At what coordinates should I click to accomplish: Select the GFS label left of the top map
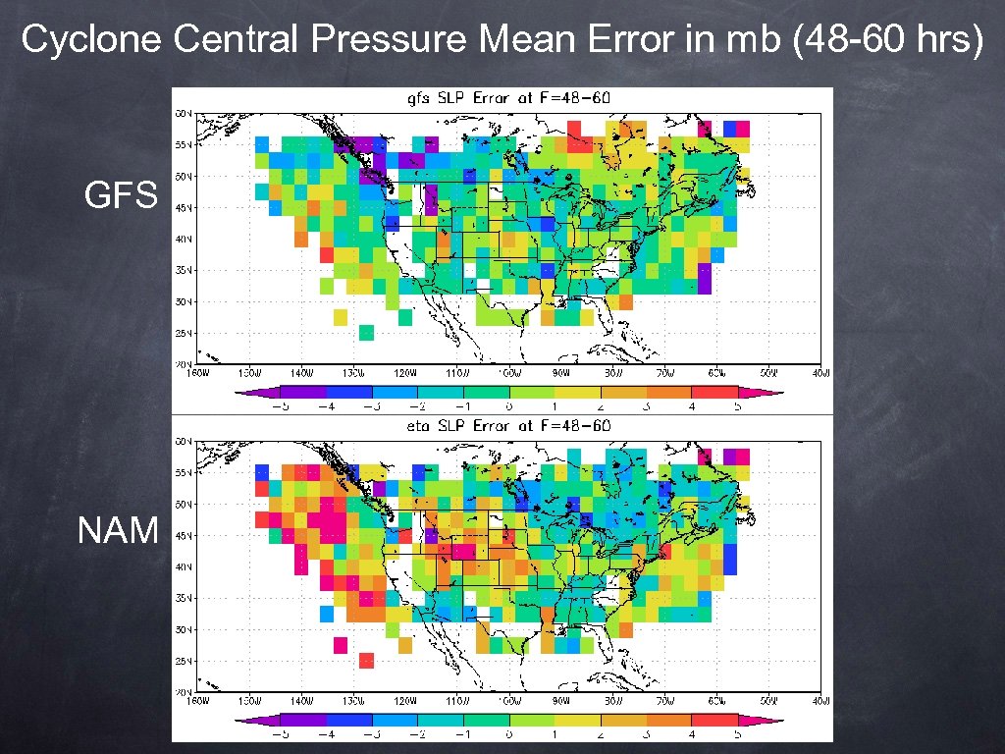pyautogui.click(x=121, y=196)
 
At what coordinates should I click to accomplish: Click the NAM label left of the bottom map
pyautogui.click(x=118, y=531)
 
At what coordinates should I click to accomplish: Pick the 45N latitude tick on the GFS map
pyautogui.click(x=184, y=207)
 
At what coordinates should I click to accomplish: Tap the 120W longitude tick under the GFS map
pyautogui.click(x=404, y=373)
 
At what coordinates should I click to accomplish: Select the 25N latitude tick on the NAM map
pyautogui.click(x=184, y=661)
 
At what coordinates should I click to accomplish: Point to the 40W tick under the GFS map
pyautogui.click(x=822, y=373)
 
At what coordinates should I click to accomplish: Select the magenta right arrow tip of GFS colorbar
pyautogui.click(x=775, y=393)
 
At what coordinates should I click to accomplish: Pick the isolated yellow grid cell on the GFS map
pyautogui.click(x=341, y=317)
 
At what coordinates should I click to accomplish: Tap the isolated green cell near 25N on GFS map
pyautogui.click(x=366, y=333)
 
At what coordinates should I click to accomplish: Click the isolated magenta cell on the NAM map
pyautogui.click(x=341, y=645)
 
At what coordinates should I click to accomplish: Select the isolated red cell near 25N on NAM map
pyautogui.click(x=366, y=661)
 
